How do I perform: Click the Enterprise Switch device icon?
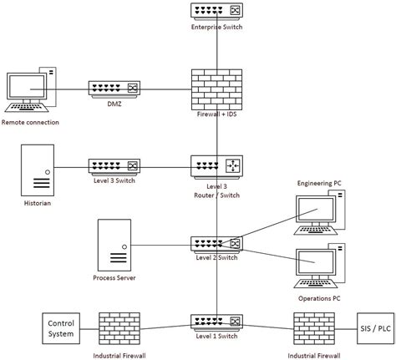[x=216, y=12]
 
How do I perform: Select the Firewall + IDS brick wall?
[x=216, y=89]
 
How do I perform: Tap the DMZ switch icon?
[x=114, y=89]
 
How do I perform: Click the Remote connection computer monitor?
[x=27, y=86]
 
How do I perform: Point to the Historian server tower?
[x=38, y=170]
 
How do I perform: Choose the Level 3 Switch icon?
[x=114, y=167]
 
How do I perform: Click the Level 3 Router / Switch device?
[x=216, y=167]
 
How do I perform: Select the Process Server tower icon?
[x=114, y=245]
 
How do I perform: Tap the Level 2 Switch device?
[x=216, y=245]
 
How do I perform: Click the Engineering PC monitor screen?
[x=316, y=209]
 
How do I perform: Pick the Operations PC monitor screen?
[x=316, y=262]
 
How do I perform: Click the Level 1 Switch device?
[x=216, y=322]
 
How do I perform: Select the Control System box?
[x=61, y=328]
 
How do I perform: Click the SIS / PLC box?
[x=376, y=328]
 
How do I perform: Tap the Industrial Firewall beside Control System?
[x=119, y=328]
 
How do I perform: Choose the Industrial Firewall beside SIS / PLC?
[x=314, y=328]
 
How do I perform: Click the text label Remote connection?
[x=30, y=122]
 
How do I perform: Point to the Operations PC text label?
[x=319, y=298]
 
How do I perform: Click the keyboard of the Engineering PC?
[x=316, y=231]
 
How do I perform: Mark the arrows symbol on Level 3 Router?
[x=232, y=166]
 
